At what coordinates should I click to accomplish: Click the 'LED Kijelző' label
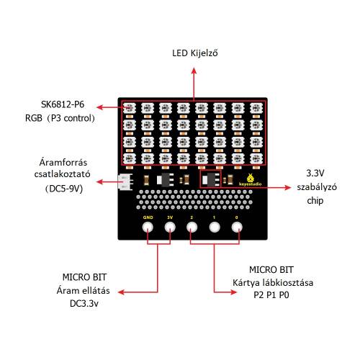pyautogui.click(x=195, y=53)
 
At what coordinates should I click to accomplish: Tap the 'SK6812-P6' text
pyautogui.click(x=63, y=104)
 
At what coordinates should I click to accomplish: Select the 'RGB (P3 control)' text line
pyautogui.click(x=60, y=118)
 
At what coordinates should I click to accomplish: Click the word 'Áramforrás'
pyautogui.click(x=63, y=162)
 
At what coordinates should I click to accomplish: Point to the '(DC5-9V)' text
pyautogui.click(x=64, y=189)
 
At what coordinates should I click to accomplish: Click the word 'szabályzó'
pyautogui.click(x=317, y=187)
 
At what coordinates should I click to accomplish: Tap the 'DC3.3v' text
pyautogui.click(x=84, y=304)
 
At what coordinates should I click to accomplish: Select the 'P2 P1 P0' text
pyautogui.click(x=271, y=294)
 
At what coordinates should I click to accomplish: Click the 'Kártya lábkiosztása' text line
pyautogui.click(x=273, y=282)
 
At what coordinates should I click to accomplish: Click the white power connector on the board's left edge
pyautogui.click(x=125, y=181)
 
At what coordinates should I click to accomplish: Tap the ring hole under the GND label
pyautogui.click(x=148, y=227)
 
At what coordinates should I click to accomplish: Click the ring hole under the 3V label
pyautogui.click(x=170, y=227)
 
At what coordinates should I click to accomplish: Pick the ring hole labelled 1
pyautogui.click(x=215, y=227)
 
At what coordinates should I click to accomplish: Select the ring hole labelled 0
pyautogui.click(x=237, y=227)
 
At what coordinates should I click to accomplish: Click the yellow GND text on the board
pyautogui.click(x=148, y=217)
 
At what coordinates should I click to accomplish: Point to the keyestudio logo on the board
pyautogui.click(x=251, y=180)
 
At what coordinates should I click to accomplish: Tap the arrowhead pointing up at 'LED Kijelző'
pyautogui.click(x=194, y=71)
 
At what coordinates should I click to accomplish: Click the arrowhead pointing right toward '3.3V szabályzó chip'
pyautogui.click(x=288, y=187)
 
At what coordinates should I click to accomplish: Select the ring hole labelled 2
pyautogui.click(x=192, y=227)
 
